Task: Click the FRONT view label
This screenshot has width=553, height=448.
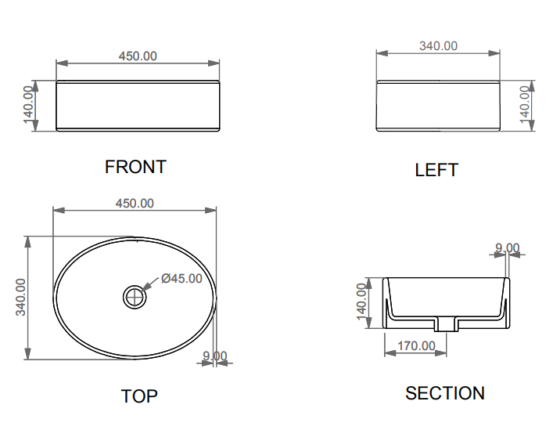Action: (135, 167)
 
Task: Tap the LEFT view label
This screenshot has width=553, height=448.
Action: (436, 170)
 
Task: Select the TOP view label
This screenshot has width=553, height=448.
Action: (139, 396)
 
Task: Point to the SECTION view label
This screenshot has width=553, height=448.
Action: (445, 393)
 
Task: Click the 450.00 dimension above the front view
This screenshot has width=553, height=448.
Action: (138, 56)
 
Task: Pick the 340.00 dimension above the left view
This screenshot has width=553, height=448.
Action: (438, 46)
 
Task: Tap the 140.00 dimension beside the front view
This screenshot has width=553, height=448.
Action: (29, 105)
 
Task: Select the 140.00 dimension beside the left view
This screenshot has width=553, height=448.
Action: (526, 104)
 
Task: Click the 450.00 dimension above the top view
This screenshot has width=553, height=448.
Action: (135, 204)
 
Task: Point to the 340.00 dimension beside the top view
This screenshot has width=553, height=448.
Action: (21, 298)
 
